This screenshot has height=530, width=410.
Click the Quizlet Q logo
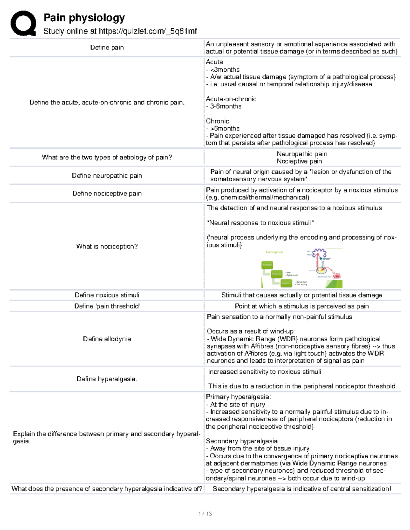click(x=23, y=23)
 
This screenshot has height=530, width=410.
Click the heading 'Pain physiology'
click(x=84, y=18)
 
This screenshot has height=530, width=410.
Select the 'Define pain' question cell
click(x=107, y=47)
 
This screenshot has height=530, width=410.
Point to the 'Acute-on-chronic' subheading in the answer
click(x=231, y=99)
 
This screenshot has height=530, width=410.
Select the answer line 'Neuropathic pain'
click(x=302, y=154)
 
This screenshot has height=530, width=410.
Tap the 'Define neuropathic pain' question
click(x=107, y=175)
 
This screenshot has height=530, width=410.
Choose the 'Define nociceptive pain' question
click(x=107, y=194)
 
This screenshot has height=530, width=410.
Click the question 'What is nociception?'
click(x=107, y=246)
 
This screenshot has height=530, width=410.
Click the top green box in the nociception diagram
click(x=267, y=265)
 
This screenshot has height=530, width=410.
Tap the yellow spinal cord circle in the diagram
click(x=321, y=270)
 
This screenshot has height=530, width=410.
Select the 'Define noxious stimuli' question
click(x=107, y=295)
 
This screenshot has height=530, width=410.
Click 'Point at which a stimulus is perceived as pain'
click(x=302, y=306)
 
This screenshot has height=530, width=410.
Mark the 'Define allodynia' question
click(x=107, y=339)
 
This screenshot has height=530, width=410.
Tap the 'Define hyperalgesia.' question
click(x=107, y=379)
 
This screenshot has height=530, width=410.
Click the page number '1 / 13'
click(x=205, y=514)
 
